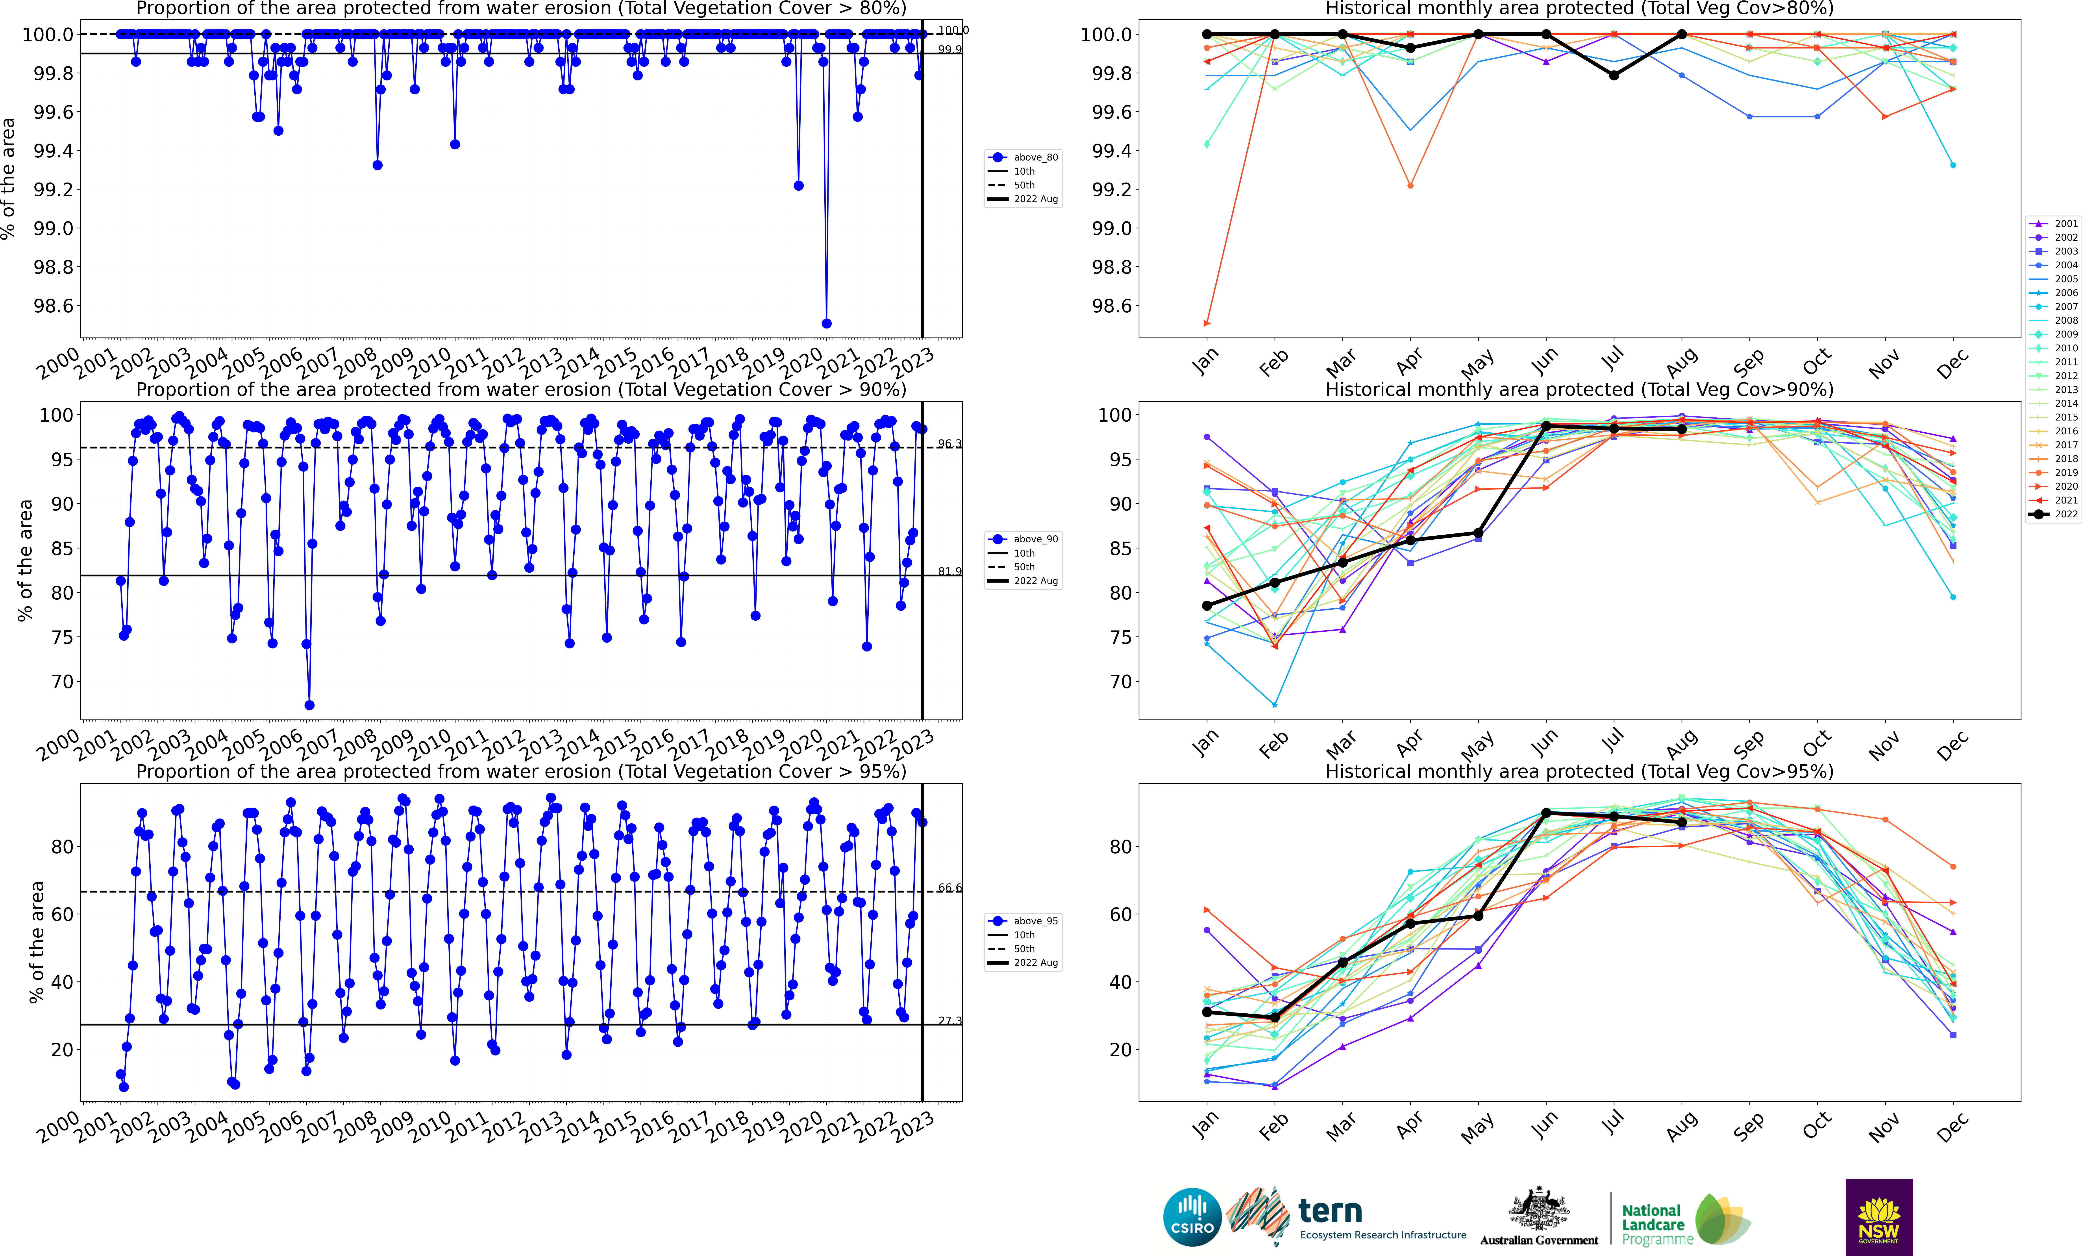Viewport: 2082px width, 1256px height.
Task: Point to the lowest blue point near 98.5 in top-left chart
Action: [826, 323]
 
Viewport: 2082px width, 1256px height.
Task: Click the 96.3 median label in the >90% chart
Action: [950, 443]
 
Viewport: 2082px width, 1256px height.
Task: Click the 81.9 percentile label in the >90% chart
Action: [950, 572]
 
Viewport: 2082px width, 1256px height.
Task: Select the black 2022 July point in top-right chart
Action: [1614, 75]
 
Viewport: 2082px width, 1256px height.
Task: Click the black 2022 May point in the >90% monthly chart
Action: [1478, 533]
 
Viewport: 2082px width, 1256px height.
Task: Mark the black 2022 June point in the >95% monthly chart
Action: [1546, 813]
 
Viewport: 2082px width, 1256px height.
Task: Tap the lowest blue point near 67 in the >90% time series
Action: [309, 705]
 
